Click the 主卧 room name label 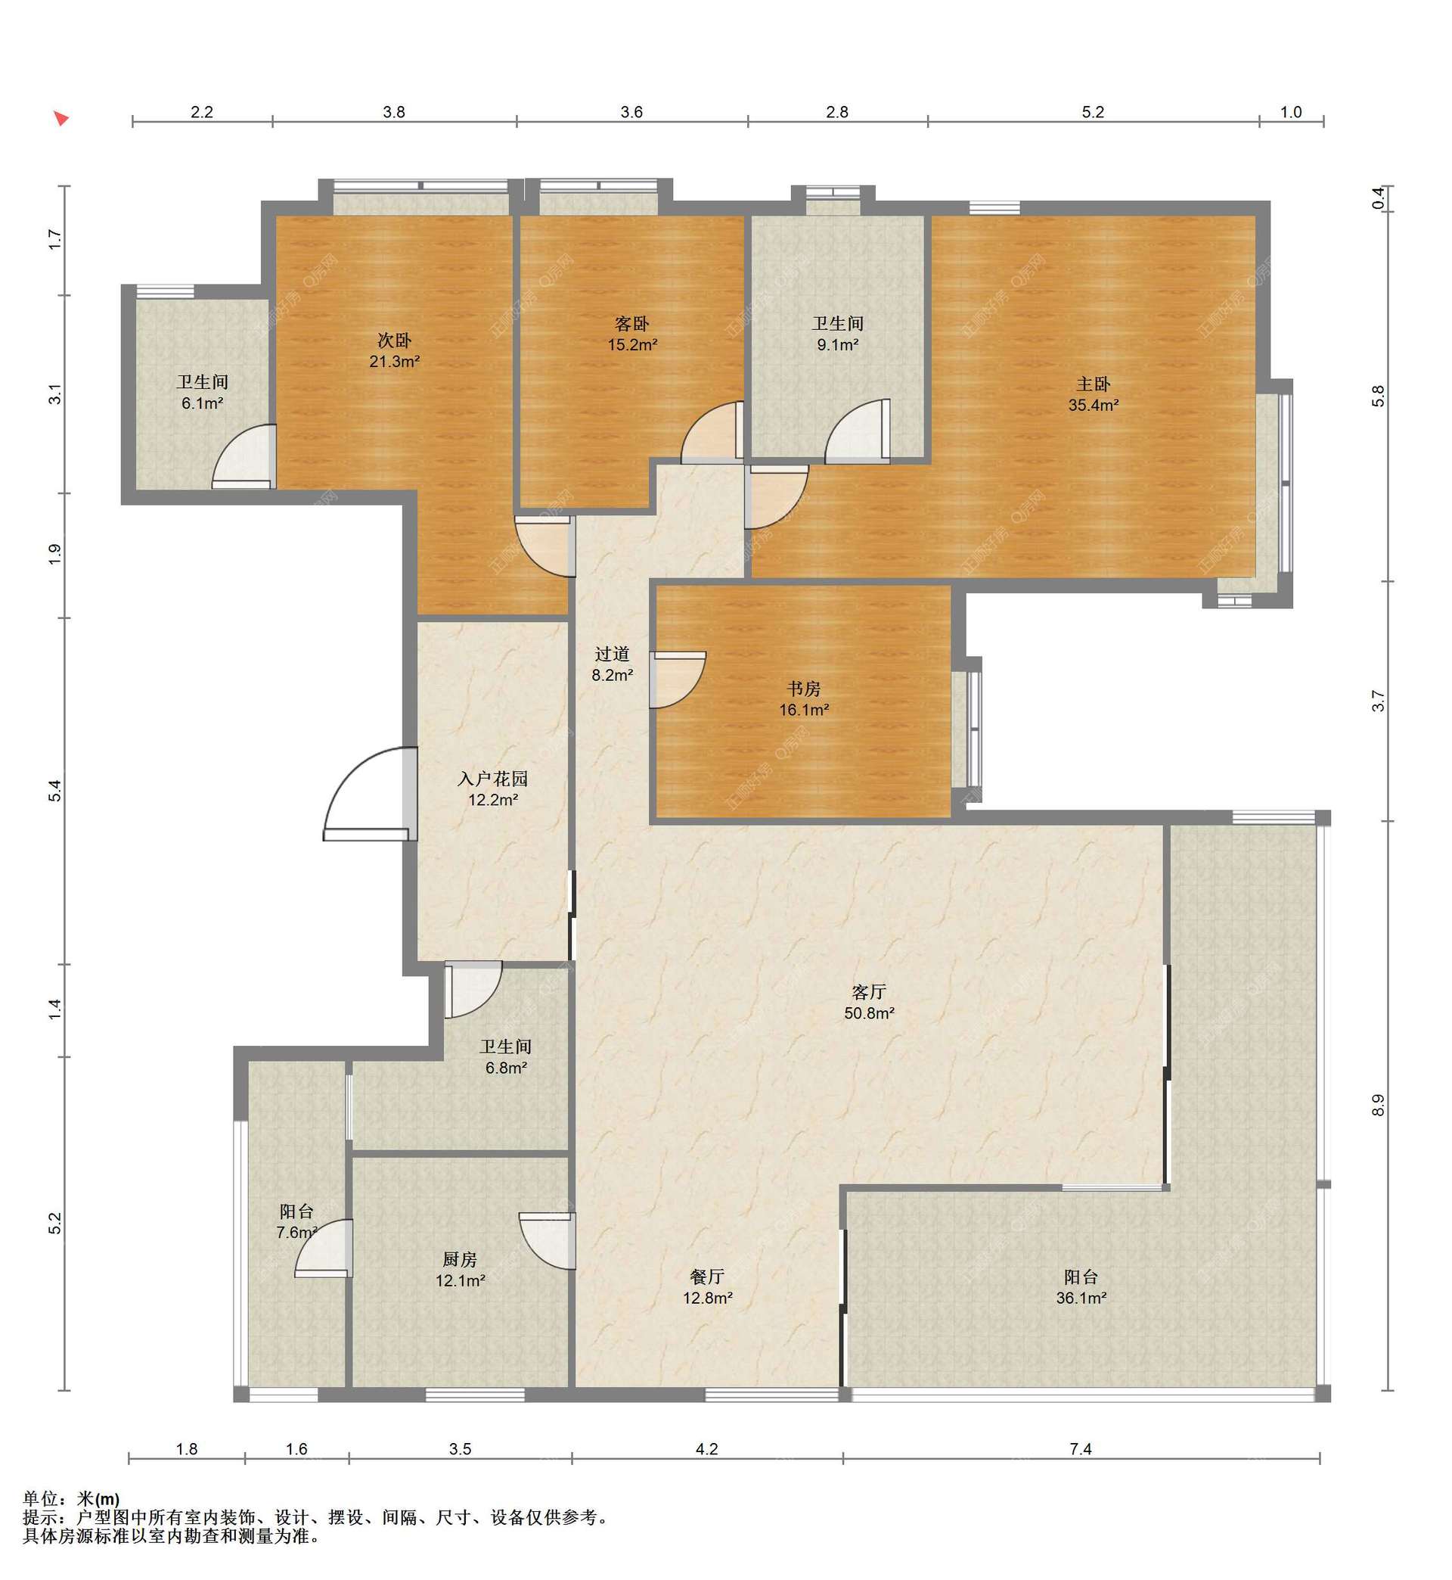[1093, 384]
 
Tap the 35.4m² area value [1093, 406]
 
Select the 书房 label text [804, 689]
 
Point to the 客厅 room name [869, 993]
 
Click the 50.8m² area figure [869, 1014]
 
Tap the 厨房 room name [460, 1260]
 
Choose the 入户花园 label [492, 779]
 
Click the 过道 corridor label [612, 654]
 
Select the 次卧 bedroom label [395, 341]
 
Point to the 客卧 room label [631, 324]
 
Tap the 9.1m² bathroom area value [838, 345]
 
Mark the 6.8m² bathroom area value [506, 1068]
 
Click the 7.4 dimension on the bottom [1081, 1449]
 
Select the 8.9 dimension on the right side [1378, 1106]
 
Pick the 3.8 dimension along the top [394, 113]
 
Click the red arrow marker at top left [60, 119]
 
